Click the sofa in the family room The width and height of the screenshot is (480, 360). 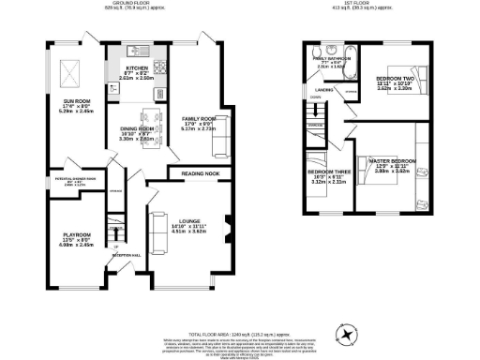coord(222,141)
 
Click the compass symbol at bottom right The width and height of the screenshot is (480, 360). coord(345,333)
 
